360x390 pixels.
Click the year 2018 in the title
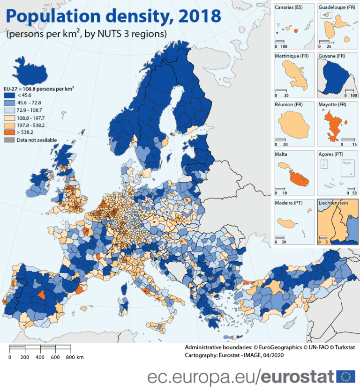[x=196, y=16]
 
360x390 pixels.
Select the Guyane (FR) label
[x=331, y=56]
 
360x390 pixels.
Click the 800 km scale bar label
[x=74, y=357]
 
